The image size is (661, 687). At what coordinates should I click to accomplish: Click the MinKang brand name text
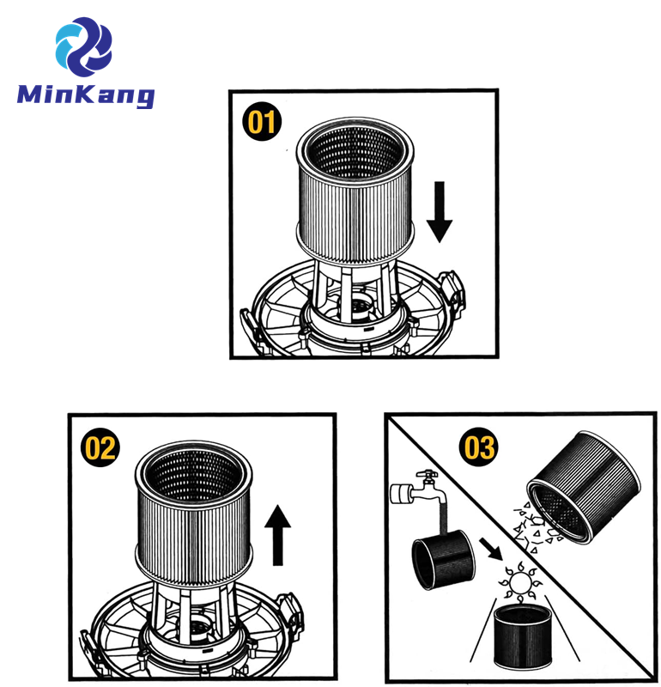click(85, 94)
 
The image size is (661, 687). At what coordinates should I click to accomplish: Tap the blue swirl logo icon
click(83, 45)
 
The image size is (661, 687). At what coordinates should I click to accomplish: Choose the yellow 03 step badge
click(480, 447)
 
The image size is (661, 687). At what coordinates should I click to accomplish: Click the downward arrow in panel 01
click(439, 211)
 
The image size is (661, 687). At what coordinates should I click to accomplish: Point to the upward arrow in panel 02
click(276, 533)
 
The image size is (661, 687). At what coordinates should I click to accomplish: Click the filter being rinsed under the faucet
click(443, 562)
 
